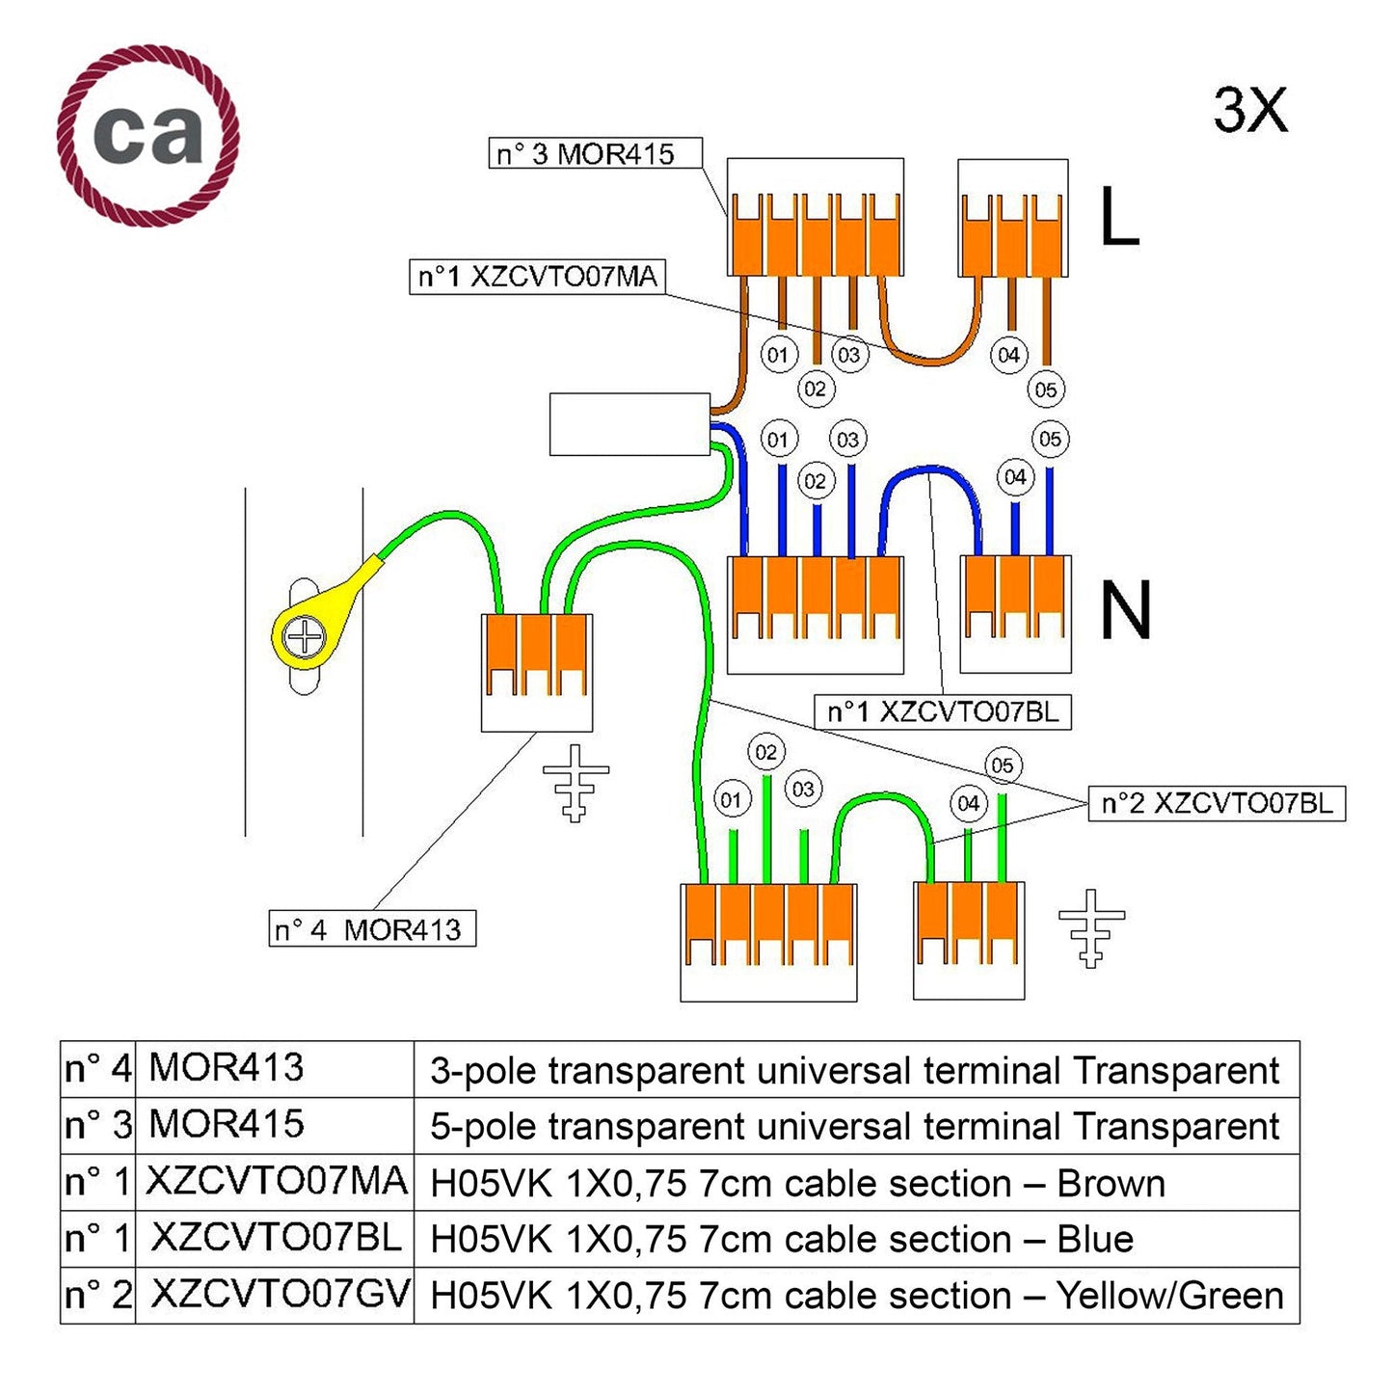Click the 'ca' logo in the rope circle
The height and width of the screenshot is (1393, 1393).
[x=148, y=134]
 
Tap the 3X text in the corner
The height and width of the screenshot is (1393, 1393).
[x=1249, y=110]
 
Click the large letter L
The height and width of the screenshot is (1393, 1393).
[x=1118, y=218]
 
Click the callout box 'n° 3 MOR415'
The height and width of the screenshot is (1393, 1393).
[x=594, y=154]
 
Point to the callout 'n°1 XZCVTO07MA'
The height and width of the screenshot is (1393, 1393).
[x=537, y=278]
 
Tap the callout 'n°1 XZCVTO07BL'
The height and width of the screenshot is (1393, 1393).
[x=942, y=712]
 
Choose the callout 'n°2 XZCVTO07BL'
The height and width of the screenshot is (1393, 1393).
[x=1216, y=803]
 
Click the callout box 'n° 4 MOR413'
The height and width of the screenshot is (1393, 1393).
[x=371, y=929]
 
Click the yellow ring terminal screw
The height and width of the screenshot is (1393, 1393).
[x=305, y=637]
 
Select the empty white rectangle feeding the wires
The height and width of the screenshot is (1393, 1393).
[x=630, y=424]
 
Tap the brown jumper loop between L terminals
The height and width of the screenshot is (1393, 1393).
[x=931, y=357]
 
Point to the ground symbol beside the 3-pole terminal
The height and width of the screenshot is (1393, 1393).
[x=576, y=782]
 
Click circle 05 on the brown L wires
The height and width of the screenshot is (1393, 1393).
[x=1046, y=390]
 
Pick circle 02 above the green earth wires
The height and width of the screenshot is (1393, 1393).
[x=766, y=752]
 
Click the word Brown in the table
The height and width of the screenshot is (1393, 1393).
[x=1111, y=1184]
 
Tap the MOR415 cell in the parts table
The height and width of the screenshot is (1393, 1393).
[x=226, y=1125]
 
